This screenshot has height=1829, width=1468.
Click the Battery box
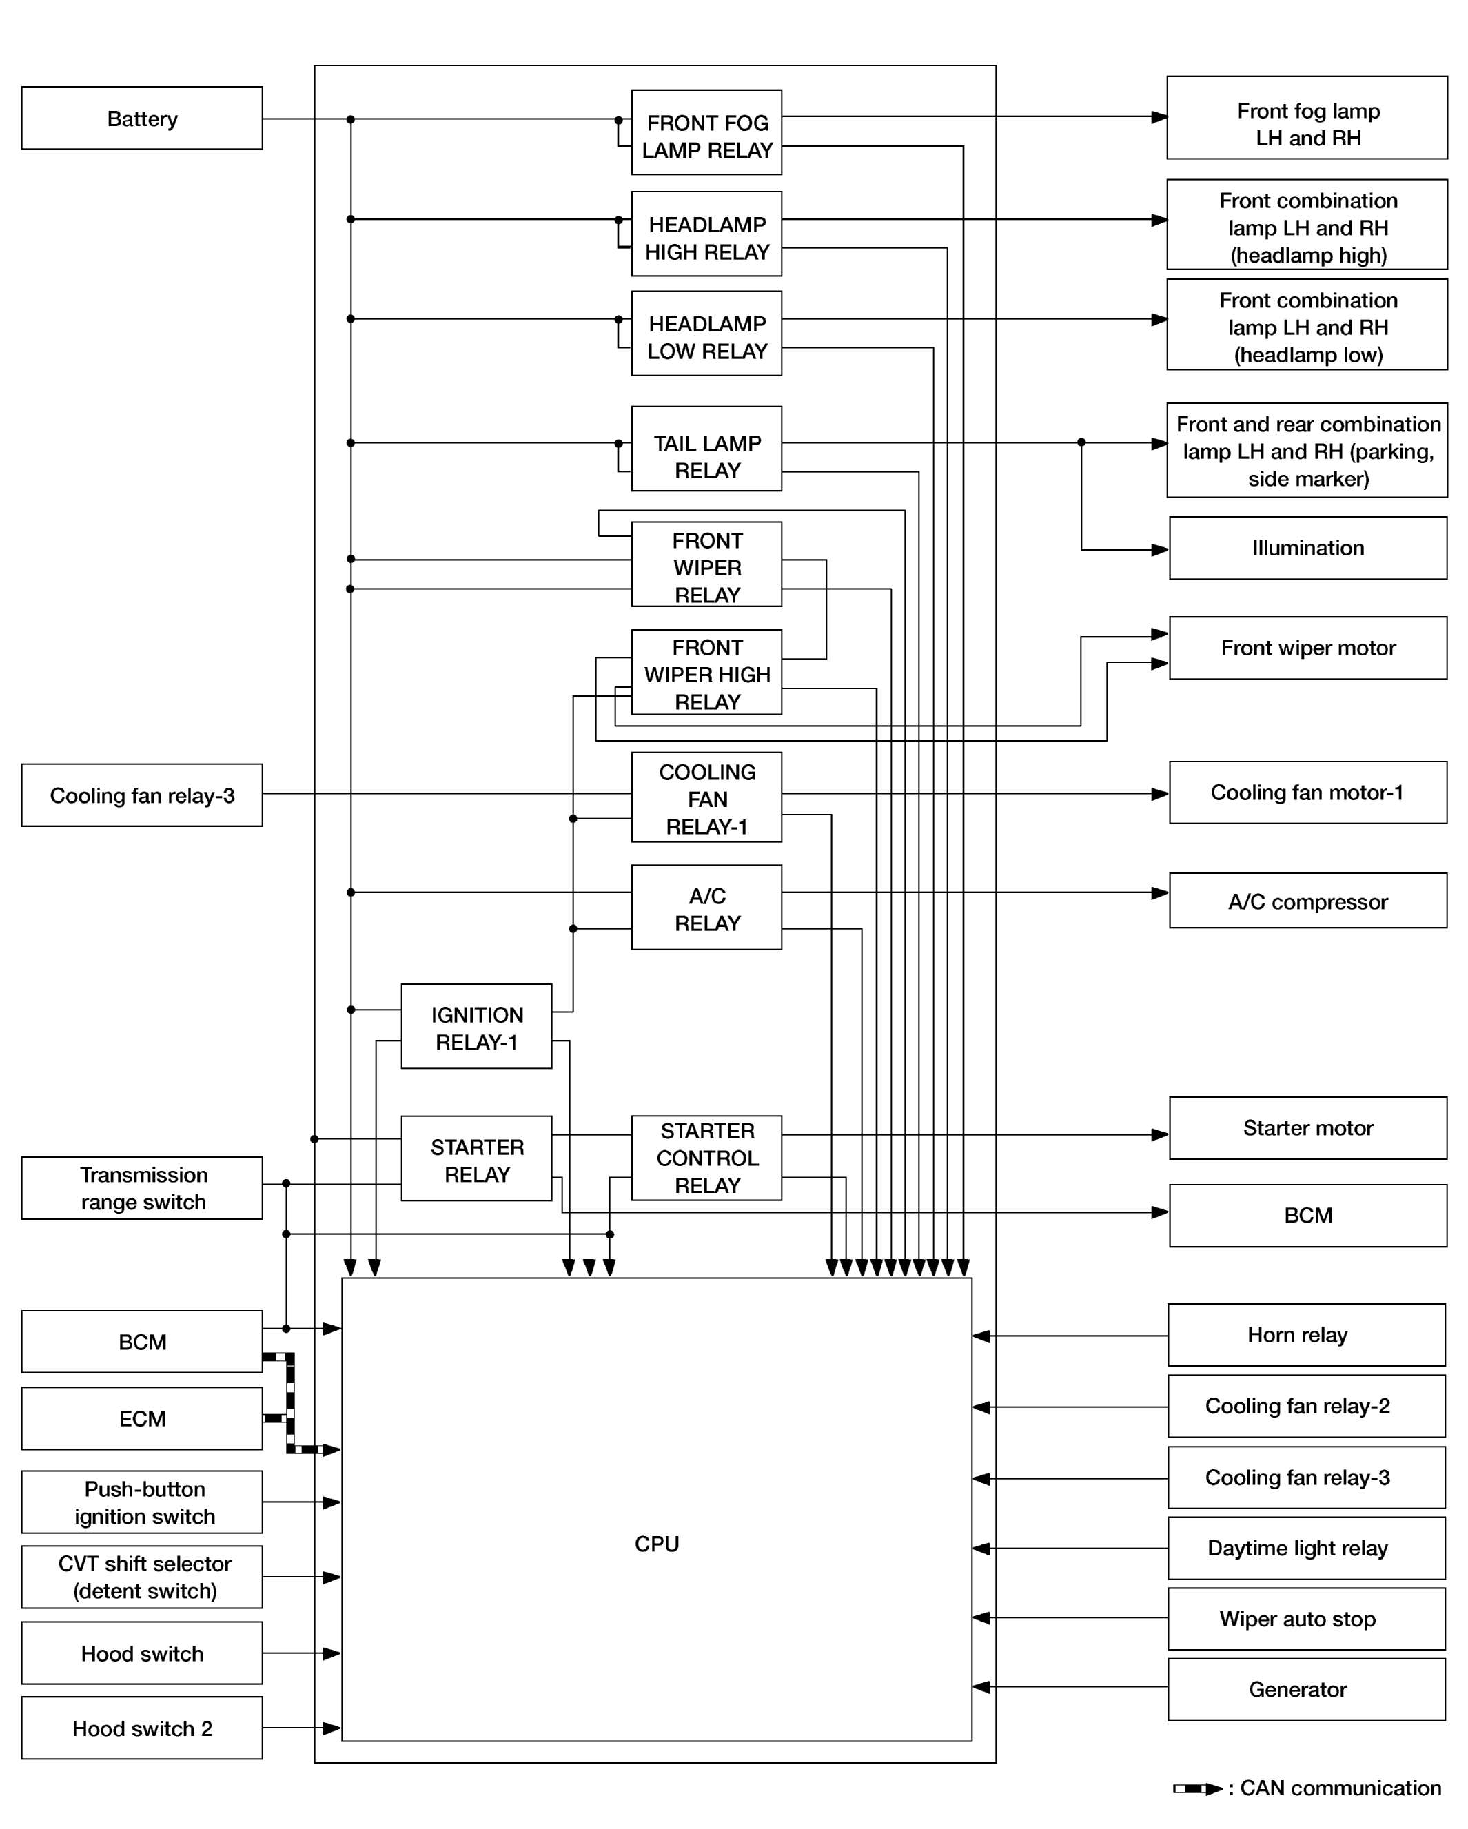pos(142,118)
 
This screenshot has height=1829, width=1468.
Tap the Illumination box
pos(1307,548)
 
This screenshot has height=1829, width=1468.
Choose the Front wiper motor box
pos(1307,648)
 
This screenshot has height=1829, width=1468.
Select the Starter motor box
pos(1307,1127)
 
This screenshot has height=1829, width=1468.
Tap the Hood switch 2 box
pos(142,1728)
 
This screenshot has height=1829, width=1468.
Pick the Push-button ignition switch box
pos(142,1502)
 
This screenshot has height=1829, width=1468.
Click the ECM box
pos(142,1418)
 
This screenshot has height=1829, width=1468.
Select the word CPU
pos(656,1544)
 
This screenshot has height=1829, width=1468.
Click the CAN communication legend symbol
pos(1197,1789)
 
